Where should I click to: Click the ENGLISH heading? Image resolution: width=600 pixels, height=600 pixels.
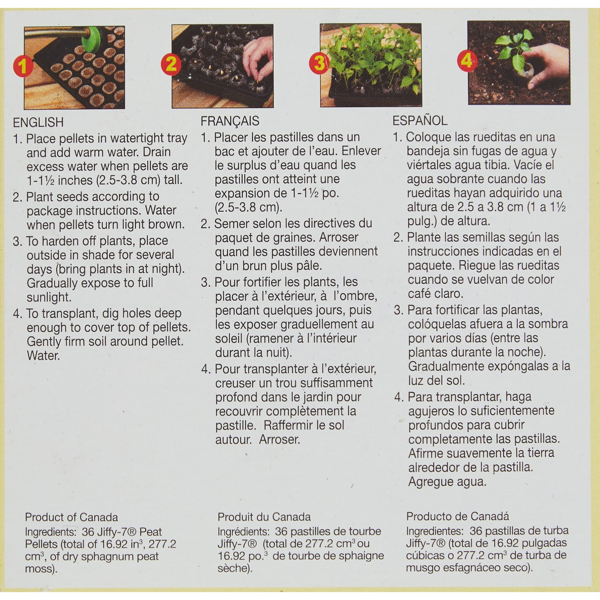[38, 122]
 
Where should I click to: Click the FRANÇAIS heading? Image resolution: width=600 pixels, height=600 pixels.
[230, 121]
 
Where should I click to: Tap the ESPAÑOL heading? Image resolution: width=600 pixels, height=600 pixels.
[420, 121]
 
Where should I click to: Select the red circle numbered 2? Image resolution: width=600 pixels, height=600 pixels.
[171, 64]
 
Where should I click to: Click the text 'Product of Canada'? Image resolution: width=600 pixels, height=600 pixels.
[71, 517]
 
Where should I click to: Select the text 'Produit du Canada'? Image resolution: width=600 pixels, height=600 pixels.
[264, 517]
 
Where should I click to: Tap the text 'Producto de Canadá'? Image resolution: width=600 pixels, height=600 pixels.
[458, 516]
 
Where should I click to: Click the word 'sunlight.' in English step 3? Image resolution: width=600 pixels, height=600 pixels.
[49, 297]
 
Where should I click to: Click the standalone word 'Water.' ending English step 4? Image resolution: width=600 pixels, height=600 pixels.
[43, 356]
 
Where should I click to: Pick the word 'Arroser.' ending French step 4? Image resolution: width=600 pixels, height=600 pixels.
[280, 440]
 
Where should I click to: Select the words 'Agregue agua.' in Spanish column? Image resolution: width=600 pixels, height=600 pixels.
[447, 482]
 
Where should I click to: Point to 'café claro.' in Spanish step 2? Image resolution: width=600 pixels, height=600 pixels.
[435, 294]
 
